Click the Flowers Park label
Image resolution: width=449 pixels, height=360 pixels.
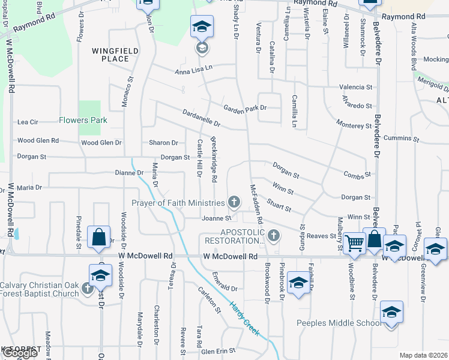83,120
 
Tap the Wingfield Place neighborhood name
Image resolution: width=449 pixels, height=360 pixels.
110,55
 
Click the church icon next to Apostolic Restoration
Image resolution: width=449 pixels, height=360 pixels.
274,235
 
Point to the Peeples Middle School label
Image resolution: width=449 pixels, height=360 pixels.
339,323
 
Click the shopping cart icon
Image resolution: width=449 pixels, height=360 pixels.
355,242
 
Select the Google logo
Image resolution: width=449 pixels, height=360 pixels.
20,353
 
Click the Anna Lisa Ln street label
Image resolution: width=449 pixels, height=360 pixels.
194,71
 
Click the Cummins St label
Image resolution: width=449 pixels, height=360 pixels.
401,139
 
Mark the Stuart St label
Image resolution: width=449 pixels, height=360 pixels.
279,206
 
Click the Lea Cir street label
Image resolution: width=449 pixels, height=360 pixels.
28,122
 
